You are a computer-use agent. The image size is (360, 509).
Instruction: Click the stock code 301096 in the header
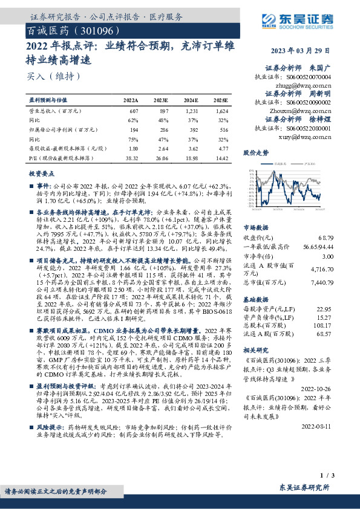click(x=93, y=30)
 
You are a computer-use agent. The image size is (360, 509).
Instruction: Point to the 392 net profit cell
click(x=192, y=129)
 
